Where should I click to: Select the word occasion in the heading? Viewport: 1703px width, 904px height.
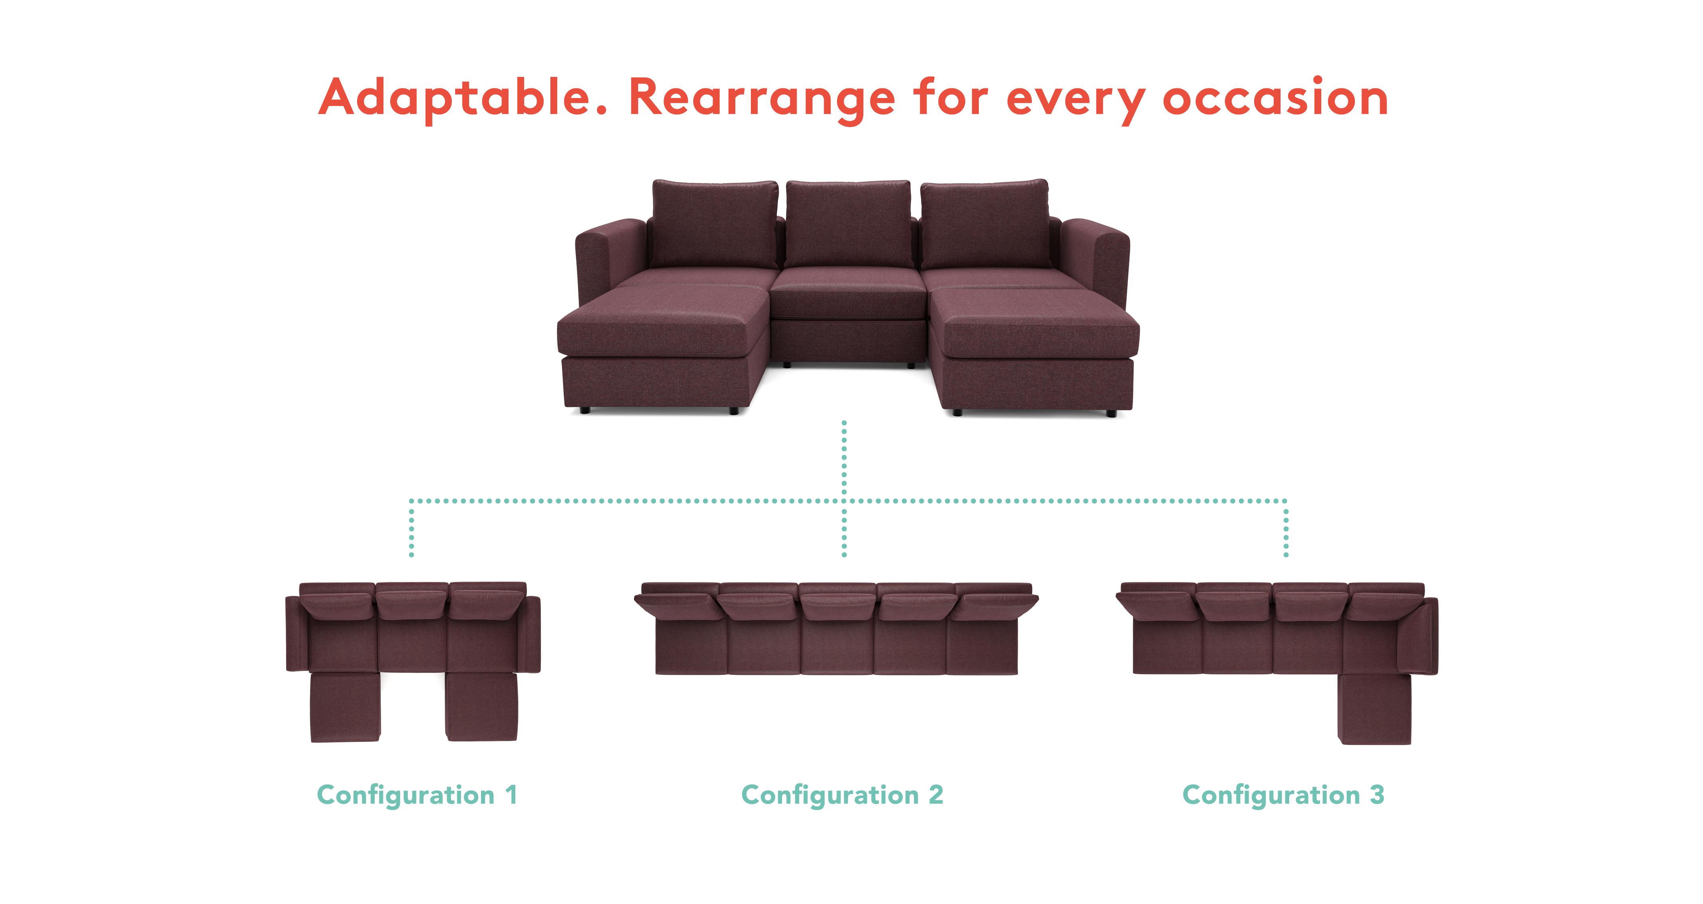(x=1275, y=98)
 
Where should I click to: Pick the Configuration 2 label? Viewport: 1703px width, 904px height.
(x=842, y=795)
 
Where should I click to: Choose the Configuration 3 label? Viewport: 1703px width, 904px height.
(x=1283, y=795)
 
